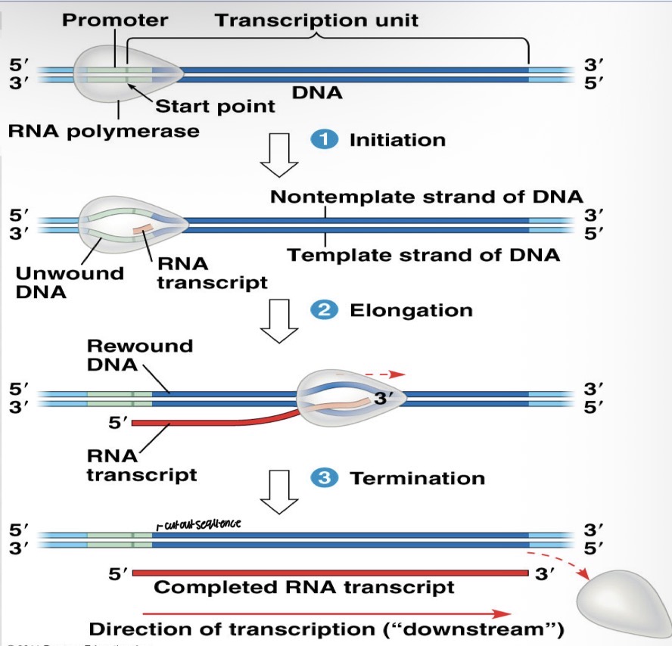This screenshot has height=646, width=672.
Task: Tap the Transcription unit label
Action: click(316, 20)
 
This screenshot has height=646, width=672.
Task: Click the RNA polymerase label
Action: click(104, 131)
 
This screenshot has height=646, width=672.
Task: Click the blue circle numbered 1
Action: click(325, 140)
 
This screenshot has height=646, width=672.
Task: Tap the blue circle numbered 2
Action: click(325, 310)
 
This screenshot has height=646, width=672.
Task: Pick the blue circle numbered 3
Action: click(325, 478)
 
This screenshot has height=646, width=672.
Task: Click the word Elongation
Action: click(411, 310)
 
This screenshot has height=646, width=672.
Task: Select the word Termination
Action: click(417, 478)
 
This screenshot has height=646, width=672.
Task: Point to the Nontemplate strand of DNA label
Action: click(427, 197)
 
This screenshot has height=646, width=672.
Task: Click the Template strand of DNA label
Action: click(424, 255)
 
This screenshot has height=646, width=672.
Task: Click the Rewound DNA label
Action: click(140, 355)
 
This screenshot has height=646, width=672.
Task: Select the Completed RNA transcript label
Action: click(304, 587)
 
